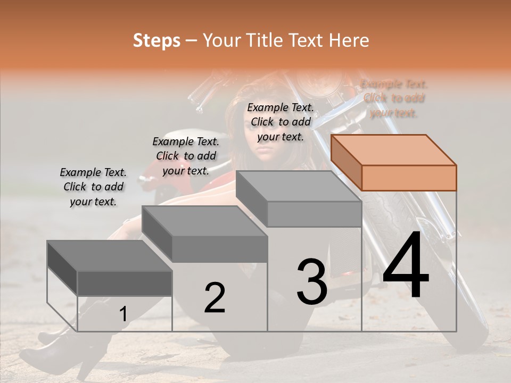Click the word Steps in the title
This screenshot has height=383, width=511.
click(156, 40)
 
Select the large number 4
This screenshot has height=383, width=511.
click(406, 266)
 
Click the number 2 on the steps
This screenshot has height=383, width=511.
click(215, 298)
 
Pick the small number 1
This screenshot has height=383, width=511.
click(123, 314)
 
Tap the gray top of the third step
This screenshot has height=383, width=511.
click(298, 186)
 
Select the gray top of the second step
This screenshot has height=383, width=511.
click(204, 221)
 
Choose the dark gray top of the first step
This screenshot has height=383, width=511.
click(110, 256)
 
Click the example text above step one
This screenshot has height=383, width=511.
click(93, 187)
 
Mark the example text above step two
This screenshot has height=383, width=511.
click(186, 156)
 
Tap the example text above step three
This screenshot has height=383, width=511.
click(281, 122)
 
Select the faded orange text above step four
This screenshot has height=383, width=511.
click(393, 98)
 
